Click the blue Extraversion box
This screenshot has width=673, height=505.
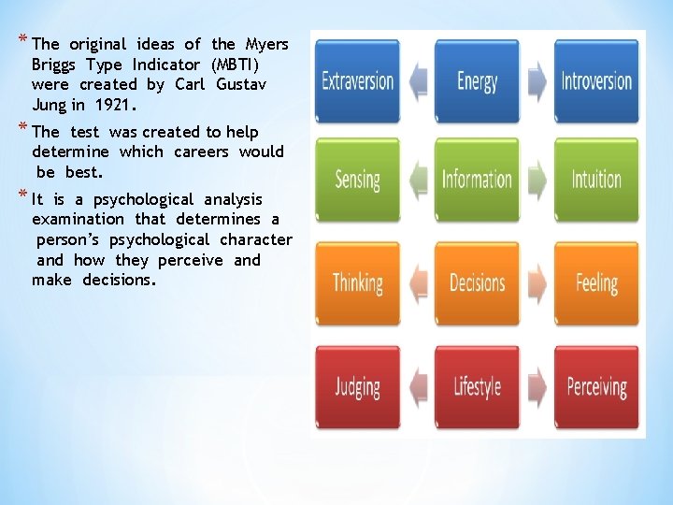tap(358, 80)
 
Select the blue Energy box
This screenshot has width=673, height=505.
tap(478, 80)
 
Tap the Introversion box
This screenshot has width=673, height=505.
tap(596, 80)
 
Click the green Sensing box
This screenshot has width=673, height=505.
tap(358, 180)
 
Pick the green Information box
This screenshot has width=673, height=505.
tap(478, 180)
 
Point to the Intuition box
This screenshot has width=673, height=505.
tap(596, 180)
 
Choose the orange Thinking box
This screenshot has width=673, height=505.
tap(358, 282)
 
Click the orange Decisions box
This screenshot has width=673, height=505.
tap(478, 282)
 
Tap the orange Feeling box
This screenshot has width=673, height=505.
tap(596, 282)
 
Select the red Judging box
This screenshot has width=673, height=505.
tap(358, 386)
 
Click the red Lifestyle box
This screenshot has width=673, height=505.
tap(478, 386)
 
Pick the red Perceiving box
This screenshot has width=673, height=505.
tap(596, 386)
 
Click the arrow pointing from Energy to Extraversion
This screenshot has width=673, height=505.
tap(418, 80)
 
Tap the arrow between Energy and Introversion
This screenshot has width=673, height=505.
tap(537, 80)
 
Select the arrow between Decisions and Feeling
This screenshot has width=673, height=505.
tap(537, 282)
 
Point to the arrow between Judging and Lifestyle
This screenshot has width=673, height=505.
tap(418, 386)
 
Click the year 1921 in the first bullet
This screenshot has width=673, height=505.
tap(116, 105)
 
